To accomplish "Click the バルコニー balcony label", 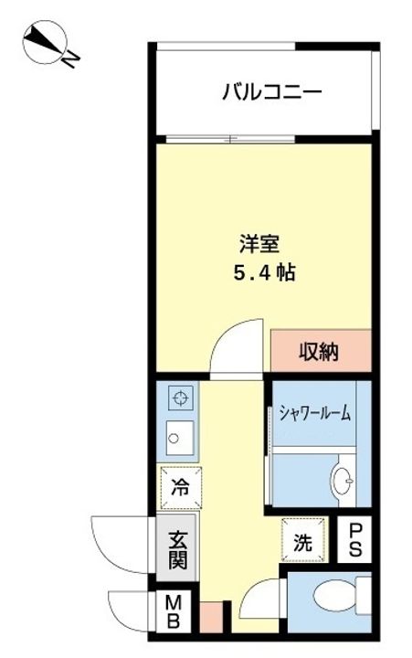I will [x=271, y=92].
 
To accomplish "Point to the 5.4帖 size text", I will [x=266, y=271].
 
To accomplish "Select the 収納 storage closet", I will [x=320, y=351].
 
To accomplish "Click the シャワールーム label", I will [x=314, y=414].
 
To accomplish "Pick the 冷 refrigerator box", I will [x=180, y=486].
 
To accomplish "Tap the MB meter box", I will [x=173, y=610].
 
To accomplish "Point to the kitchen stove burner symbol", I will [x=181, y=398].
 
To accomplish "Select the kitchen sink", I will [x=176, y=438].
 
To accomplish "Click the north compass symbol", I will [x=42, y=42].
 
